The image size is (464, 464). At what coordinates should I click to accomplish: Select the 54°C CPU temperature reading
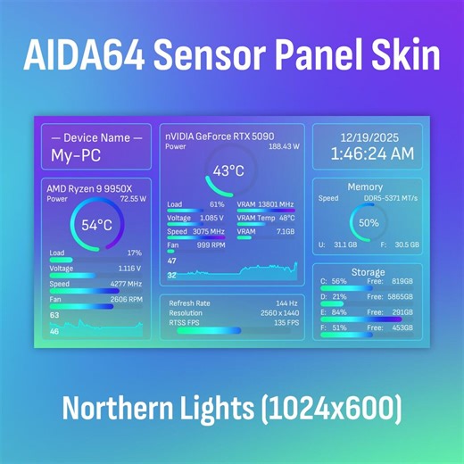96,225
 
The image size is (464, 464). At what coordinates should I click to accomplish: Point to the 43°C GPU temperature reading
228,171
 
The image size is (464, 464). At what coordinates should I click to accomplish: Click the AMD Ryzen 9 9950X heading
89,188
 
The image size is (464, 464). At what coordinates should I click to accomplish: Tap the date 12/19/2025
368,137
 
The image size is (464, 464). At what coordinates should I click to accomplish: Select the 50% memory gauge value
368,222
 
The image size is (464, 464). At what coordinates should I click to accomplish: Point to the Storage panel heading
368,272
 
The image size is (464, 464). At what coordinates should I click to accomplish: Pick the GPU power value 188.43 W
284,146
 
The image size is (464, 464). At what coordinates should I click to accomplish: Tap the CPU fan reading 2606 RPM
126,299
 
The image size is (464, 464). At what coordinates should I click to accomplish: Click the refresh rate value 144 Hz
286,303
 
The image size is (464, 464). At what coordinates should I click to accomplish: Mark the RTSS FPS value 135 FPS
286,323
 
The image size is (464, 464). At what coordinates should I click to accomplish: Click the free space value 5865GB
401,296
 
